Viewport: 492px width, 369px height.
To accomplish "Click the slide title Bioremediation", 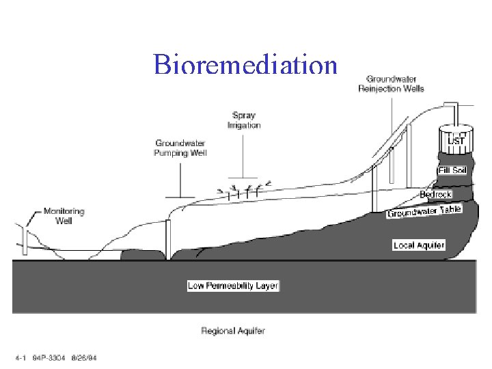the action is click(245, 64).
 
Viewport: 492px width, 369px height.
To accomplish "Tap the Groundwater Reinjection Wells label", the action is click(391, 83).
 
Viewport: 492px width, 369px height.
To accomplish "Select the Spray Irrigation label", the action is click(244, 120).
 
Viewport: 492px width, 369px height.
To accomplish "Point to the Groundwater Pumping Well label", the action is click(181, 148).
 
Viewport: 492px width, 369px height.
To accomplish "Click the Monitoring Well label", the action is click(64, 216).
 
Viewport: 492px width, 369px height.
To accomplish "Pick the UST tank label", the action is click(455, 141).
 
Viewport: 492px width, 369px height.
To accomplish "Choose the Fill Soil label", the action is click(452, 170).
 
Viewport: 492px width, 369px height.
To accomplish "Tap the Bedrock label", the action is click(435, 195).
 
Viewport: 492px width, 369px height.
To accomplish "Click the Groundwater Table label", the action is click(424, 212).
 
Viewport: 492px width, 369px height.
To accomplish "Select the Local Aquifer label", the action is click(419, 245).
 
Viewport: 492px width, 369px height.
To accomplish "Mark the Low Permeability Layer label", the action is click(233, 286).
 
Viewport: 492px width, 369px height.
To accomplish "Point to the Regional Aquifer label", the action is click(233, 331).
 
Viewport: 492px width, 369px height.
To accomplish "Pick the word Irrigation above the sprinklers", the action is click(244, 125).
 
